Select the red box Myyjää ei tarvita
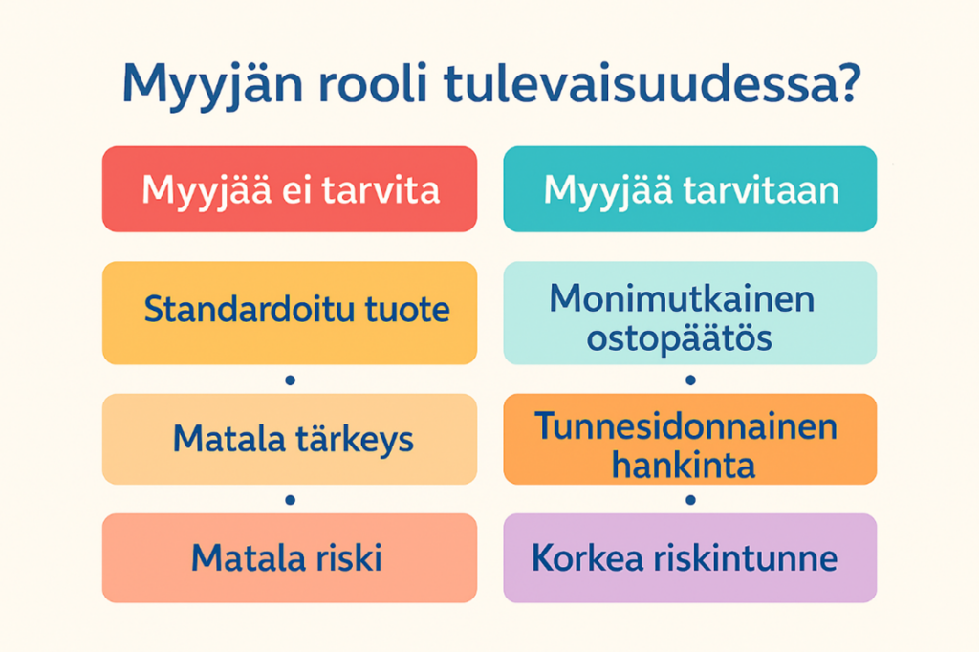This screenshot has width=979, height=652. click(290, 189)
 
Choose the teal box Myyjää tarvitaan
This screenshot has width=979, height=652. click(689, 189)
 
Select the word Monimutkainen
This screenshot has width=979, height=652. click(683, 299)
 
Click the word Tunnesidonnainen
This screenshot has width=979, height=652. click(685, 425)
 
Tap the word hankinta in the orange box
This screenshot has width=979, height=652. click(683, 466)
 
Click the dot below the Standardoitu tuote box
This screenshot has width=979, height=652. click(290, 380)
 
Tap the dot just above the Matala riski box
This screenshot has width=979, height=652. click(290, 499)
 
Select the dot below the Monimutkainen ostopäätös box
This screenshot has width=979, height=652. click(689, 380)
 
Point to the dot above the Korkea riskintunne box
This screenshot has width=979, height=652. click(689, 499)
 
